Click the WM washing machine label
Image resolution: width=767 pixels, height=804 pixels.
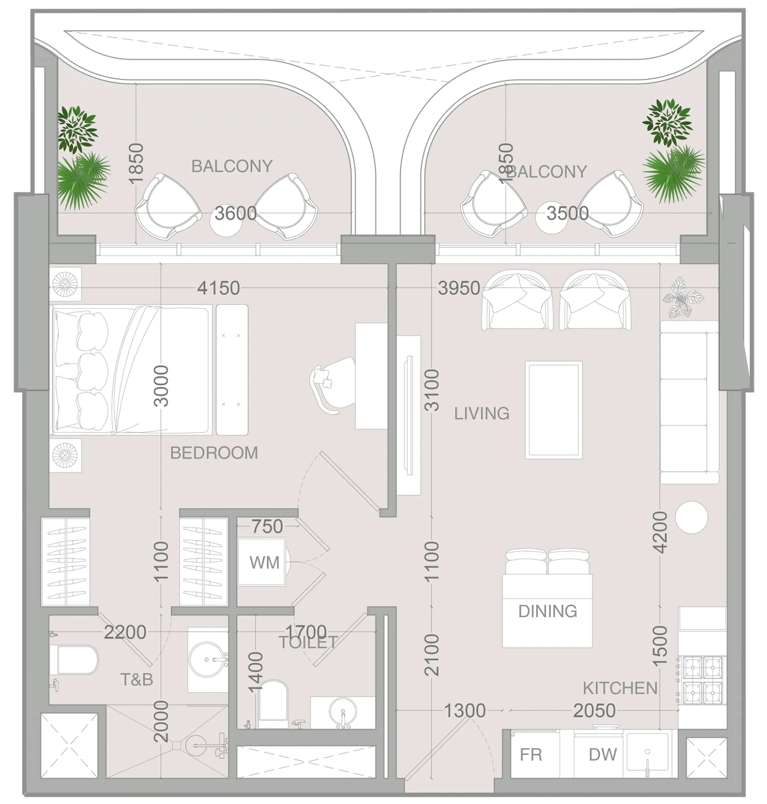(x=265, y=563)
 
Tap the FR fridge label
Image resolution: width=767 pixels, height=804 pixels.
(x=531, y=755)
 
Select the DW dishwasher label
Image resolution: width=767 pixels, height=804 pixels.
(x=603, y=755)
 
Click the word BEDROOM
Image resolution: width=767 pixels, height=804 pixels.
(x=214, y=453)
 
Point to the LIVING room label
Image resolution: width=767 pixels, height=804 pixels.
(x=482, y=413)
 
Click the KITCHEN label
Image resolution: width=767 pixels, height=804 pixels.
(x=620, y=688)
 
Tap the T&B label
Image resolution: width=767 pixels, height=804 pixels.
(x=137, y=680)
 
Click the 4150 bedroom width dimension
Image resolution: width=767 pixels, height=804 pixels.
(x=219, y=288)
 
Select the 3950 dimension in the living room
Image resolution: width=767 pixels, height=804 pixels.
(x=459, y=288)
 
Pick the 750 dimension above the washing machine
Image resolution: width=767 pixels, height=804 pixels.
(x=267, y=526)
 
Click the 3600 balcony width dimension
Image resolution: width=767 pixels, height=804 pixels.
(x=236, y=213)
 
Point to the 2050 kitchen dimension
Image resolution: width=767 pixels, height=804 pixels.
(x=594, y=711)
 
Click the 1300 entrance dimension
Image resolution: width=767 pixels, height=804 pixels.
(x=465, y=711)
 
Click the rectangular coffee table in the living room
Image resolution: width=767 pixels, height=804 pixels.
(x=554, y=410)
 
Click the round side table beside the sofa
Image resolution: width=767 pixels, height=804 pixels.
(x=691, y=517)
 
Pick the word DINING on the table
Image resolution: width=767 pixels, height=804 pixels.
(x=548, y=611)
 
